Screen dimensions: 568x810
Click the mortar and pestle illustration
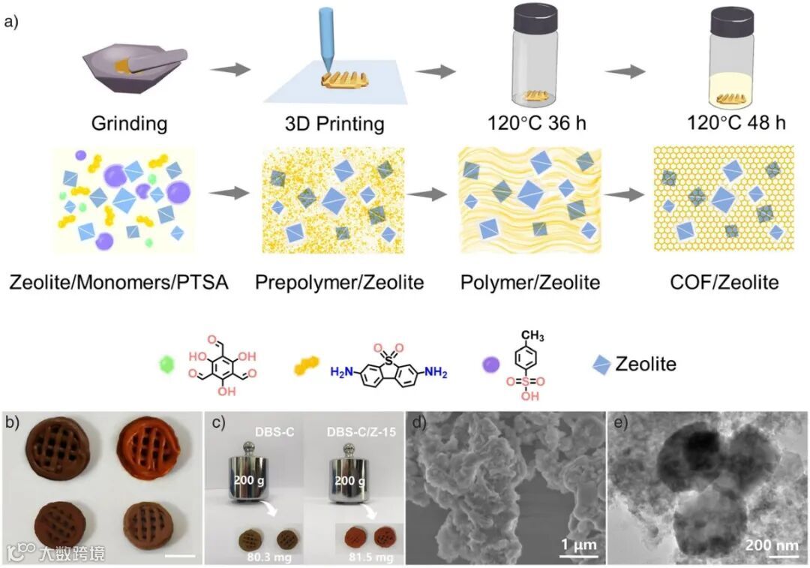[134, 68]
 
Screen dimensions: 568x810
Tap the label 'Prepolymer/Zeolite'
[340, 283]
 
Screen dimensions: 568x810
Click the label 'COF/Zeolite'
[724, 283]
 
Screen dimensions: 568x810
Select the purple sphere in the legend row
[491, 365]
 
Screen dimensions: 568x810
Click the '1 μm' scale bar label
[580, 543]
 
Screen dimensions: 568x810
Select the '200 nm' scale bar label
[770, 543]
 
